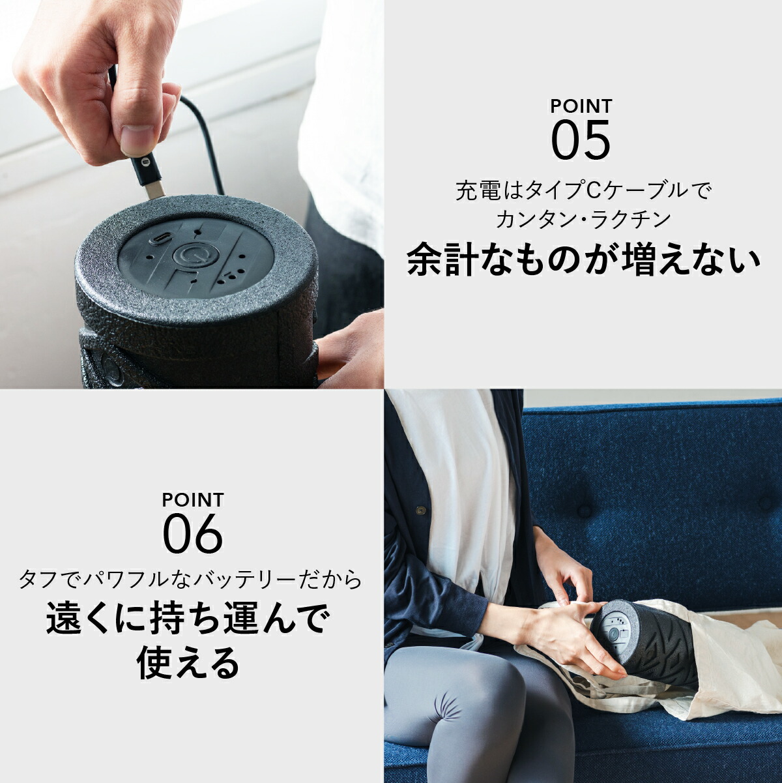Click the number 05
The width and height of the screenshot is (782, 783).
pyautogui.click(x=581, y=140)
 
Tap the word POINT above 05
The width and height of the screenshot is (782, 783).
pyautogui.click(x=581, y=106)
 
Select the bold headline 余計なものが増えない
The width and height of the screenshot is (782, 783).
pyautogui.click(x=583, y=260)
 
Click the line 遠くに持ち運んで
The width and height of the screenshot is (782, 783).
pyautogui.click(x=188, y=619)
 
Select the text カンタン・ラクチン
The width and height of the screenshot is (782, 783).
pyautogui.click(x=583, y=219)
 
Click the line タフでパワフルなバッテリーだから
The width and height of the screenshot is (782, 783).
pyautogui.click(x=190, y=579)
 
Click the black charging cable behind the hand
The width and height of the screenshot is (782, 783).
pyautogui.click(x=202, y=130)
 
